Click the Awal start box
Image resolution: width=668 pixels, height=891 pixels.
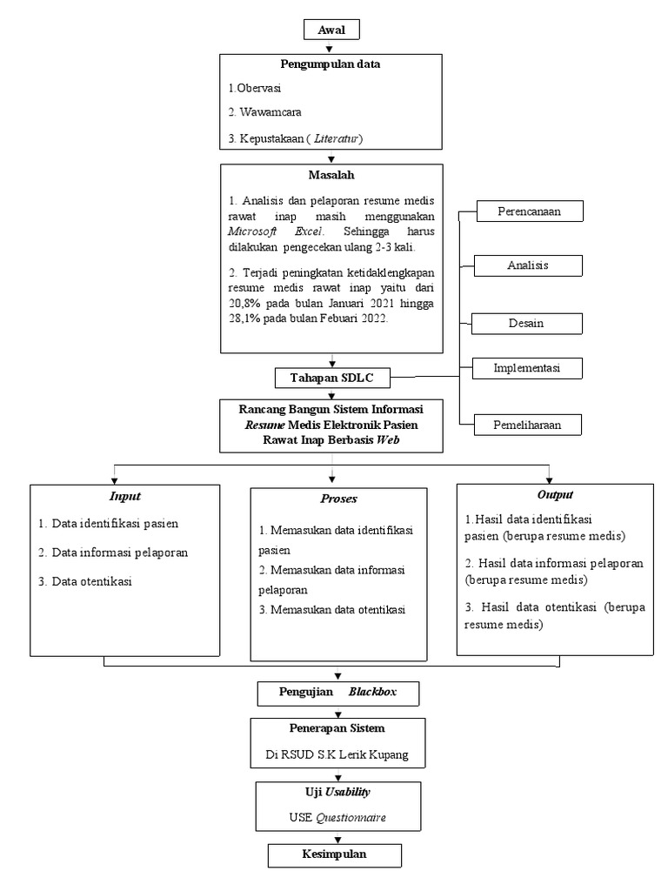(x=331, y=30)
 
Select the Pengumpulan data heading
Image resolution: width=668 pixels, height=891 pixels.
(x=331, y=64)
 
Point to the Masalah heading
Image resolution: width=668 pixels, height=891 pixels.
(x=331, y=175)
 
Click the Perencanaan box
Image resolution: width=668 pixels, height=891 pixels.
(x=527, y=211)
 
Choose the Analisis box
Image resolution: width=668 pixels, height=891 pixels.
(x=527, y=265)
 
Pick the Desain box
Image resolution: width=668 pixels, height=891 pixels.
(x=527, y=323)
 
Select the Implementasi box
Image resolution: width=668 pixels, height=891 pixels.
(x=527, y=368)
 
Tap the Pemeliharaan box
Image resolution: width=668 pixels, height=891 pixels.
(x=527, y=425)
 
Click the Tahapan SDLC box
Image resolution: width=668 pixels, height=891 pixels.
(x=331, y=378)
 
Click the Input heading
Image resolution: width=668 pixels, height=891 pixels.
(x=124, y=496)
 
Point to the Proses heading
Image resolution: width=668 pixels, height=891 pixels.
(x=338, y=499)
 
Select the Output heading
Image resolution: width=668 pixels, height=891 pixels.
(x=554, y=494)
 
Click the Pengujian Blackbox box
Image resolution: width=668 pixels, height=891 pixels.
(x=338, y=693)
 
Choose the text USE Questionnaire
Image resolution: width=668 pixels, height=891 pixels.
(x=338, y=819)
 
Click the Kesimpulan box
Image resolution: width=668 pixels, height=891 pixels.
(x=334, y=854)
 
